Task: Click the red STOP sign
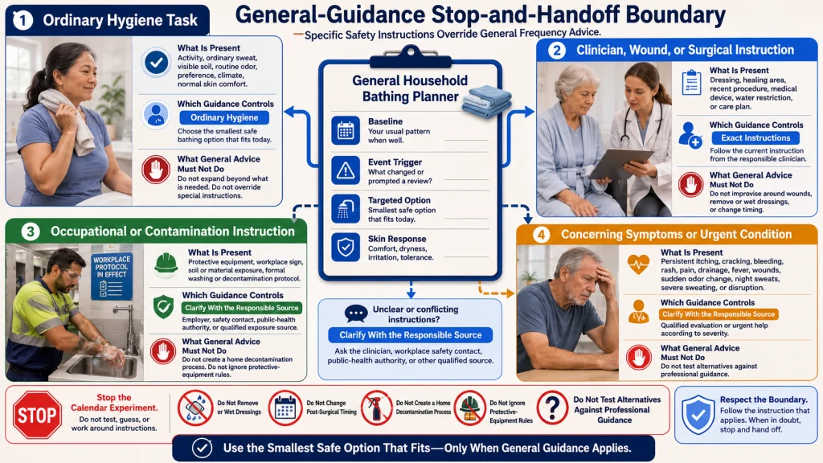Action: [37, 415]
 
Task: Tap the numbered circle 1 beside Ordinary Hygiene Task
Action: [23, 20]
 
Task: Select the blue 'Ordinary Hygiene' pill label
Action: [224, 117]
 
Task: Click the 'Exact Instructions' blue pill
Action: [755, 137]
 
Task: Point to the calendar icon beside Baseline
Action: [346, 130]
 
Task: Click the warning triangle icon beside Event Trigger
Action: [346, 170]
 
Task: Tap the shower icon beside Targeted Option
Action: [346, 208]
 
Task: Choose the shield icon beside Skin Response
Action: [346, 247]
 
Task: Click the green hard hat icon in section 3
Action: [166, 264]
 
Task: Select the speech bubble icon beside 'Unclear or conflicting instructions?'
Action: [356, 313]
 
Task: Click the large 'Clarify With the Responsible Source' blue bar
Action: [411, 335]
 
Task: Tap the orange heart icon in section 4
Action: [638, 264]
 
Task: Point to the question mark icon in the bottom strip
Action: [552, 408]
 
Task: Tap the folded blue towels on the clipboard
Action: [486, 100]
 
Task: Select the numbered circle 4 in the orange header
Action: [541, 235]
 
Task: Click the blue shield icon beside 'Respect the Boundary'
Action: [698, 415]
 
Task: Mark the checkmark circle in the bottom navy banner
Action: [202, 449]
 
